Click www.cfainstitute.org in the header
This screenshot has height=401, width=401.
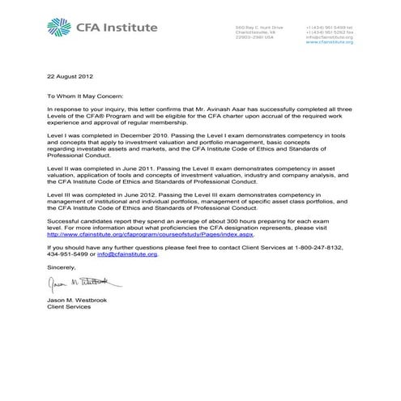[x=330, y=42]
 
